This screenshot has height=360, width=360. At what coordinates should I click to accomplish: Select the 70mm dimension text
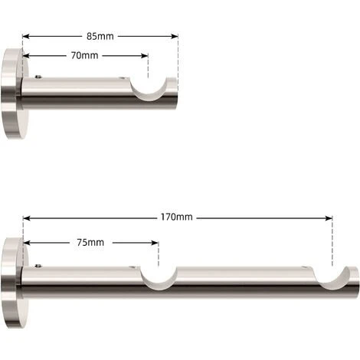(84, 55)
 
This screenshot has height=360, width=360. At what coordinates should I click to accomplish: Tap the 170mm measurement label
(178, 217)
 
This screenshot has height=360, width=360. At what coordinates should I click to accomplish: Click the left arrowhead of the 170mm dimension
(27, 217)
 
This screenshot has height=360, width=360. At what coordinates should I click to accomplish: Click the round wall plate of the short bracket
(13, 92)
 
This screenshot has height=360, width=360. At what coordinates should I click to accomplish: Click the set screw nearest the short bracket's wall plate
(40, 77)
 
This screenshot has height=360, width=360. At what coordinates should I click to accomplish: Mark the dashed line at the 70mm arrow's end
(149, 69)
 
